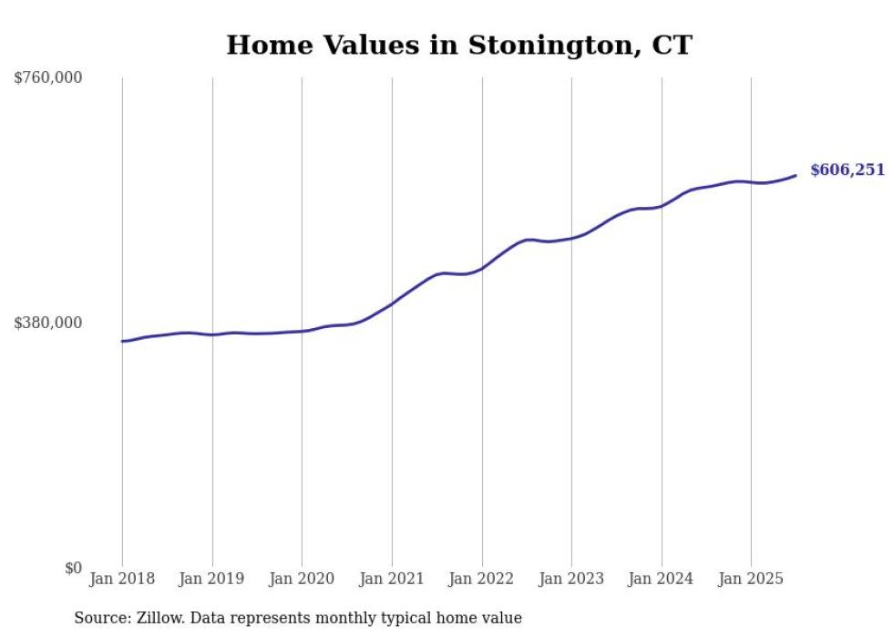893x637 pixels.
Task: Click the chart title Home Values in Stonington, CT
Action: pos(459,45)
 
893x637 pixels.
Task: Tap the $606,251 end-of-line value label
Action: pos(847,170)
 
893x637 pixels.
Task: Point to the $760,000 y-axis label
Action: pos(48,78)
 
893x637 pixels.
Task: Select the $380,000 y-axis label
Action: pos(48,323)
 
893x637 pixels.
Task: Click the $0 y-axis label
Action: pos(73,569)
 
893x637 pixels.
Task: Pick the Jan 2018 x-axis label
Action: pos(122,579)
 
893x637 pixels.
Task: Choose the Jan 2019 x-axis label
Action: pos(212,579)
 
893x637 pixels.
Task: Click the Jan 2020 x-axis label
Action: pos(302,579)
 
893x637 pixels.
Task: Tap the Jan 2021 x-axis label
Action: pos(392,579)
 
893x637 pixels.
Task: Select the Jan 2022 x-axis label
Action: pos(482,579)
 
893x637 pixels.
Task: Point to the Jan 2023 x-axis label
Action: pos(571,579)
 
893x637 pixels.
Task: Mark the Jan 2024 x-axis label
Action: pos(662,579)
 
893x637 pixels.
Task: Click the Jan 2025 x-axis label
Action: pos(751,579)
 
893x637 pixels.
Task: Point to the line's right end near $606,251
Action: pos(795,175)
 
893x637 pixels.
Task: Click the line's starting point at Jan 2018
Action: pos(122,341)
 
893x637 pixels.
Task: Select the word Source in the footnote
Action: pos(99,618)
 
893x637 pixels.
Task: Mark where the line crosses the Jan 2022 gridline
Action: pos(482,268)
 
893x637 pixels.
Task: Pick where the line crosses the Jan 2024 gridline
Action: pos(662,206)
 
